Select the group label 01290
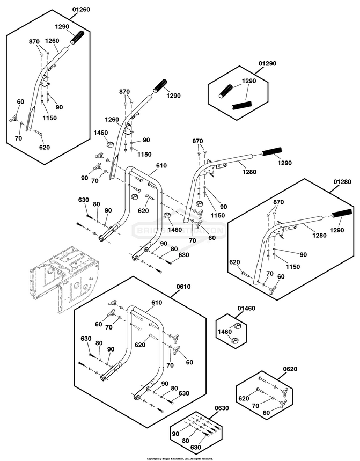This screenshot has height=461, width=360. [x=267, y=64]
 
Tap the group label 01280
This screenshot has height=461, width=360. [x=342, y=182]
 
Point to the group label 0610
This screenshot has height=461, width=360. [x=183, y=287]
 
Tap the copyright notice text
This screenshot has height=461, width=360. [x=180, y=458]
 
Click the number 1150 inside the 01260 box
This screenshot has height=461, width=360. [x=49, y=118]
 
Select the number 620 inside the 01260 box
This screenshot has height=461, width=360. [x=44, y=146]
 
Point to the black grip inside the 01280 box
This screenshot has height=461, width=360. [x=341, y=215]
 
